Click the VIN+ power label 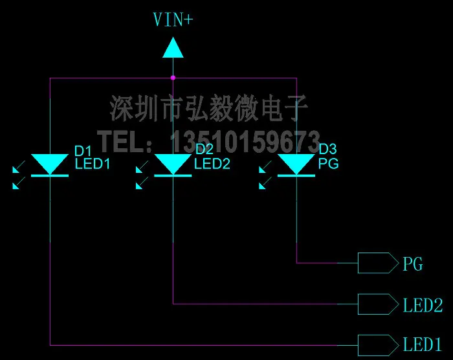(x=173, y=19)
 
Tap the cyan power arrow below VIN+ (x=173, y=47)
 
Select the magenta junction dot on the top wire (x=173, y=78)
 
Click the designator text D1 (x=83, y=151)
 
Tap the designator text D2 (x=204, y=149)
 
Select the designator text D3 (x=327, y=149)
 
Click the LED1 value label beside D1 (x=93, y=164)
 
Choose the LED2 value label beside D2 (x=212, y=164)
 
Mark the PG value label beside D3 (x=329, y=164)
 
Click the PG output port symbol (x=378, y=263)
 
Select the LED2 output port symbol (x=378, y=304)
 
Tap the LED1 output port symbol (x=378, y=345)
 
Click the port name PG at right (x=413, y=264)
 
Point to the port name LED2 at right (x=423, y=305)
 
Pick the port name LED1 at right (x=423, y=344)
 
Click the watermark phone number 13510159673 (x=245, y=142)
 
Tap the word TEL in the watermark (x=122, y=141)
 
